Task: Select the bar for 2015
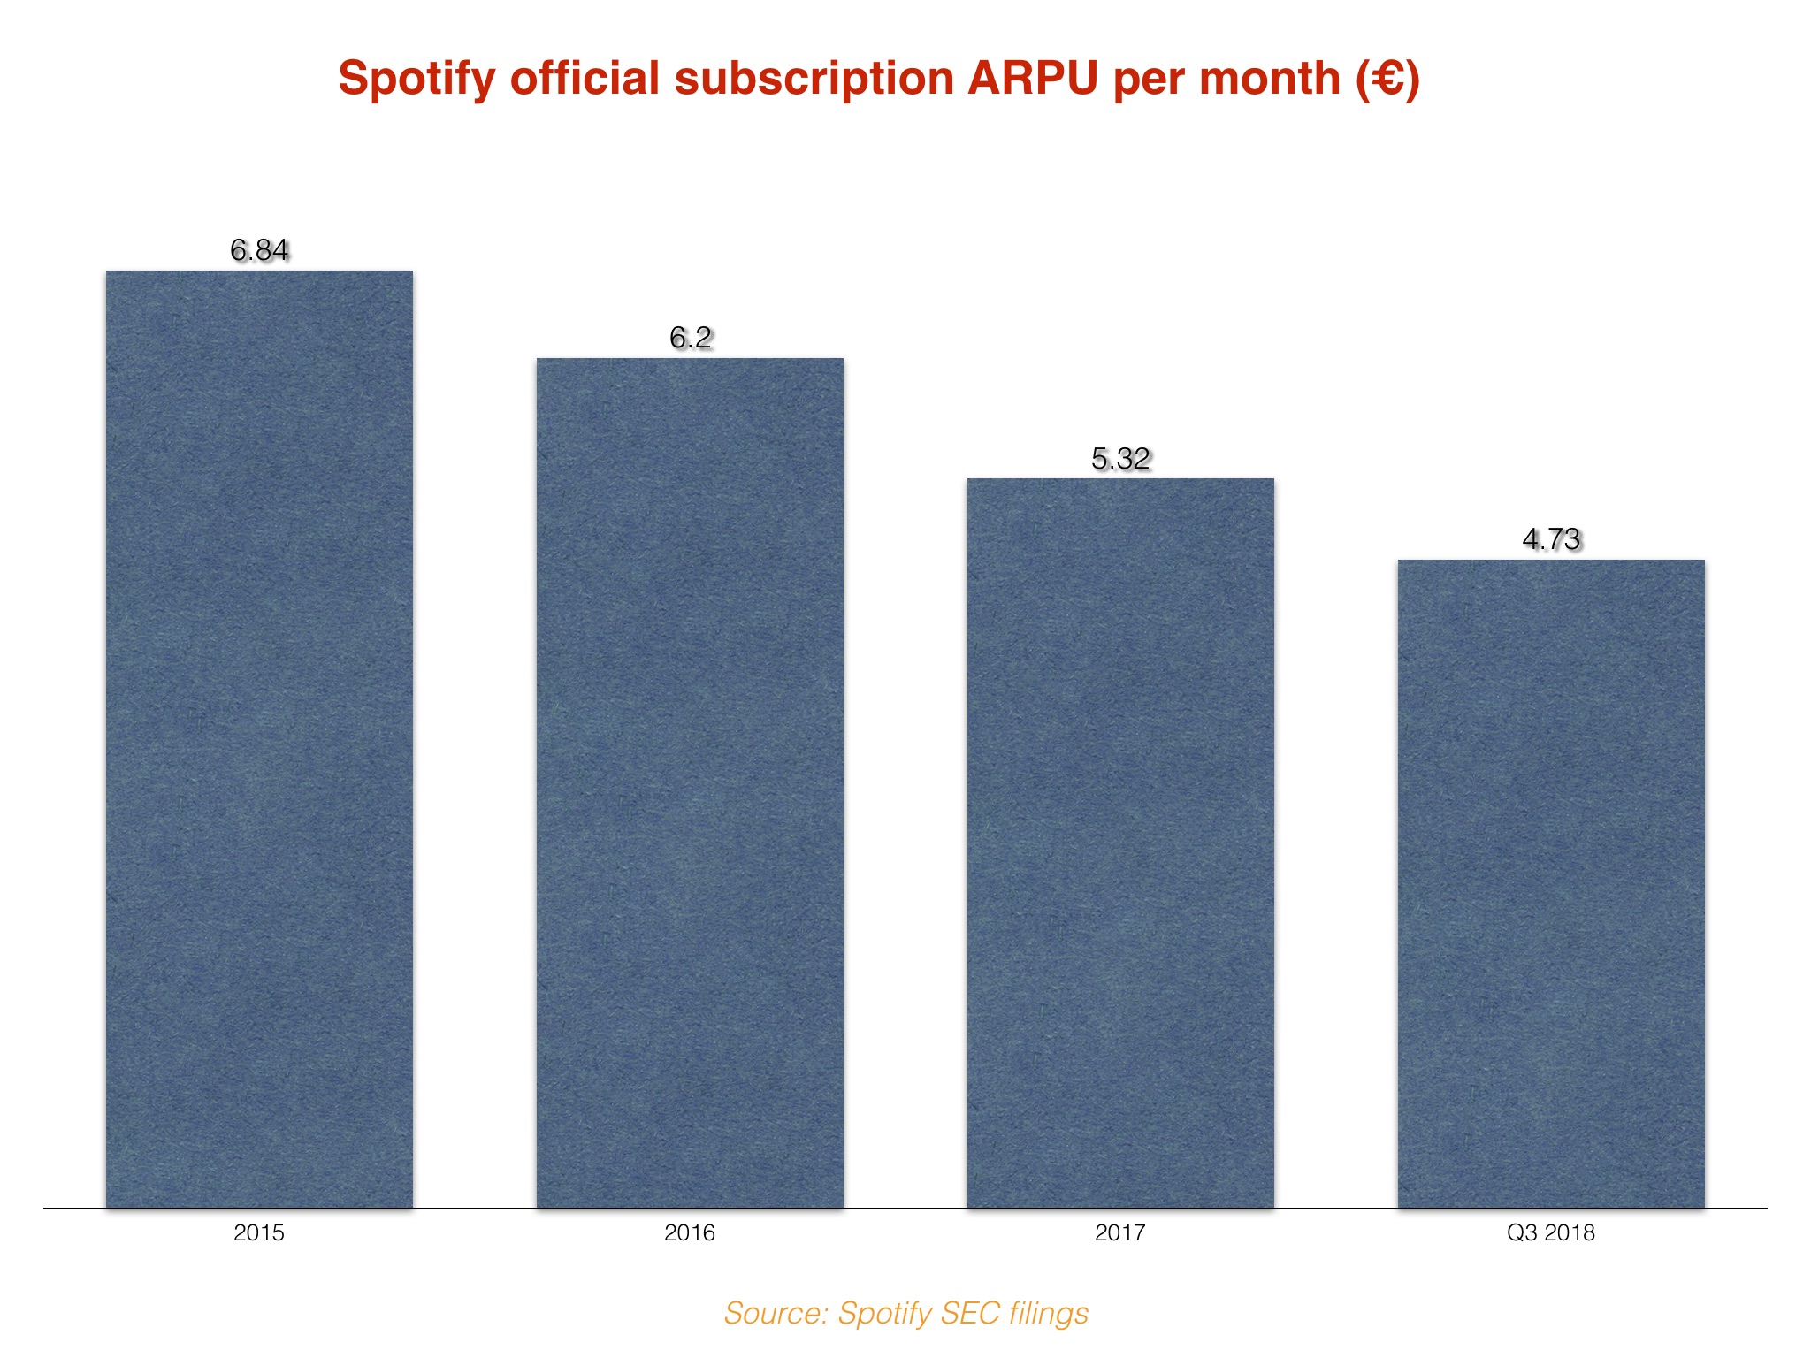pyautogui.click(x=259, y=738)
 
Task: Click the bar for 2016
pyautogui.click(x=690, y=782)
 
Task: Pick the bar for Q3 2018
pyautogui.click(x=1551, y=883)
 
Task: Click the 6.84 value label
pyautogui.click(x=259, y=251)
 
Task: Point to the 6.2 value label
pyautogui.click(x=690, y=338)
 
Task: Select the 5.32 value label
pyautogui.click(x=1120, y=459)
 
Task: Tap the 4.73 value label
pyautogui.click(x=1551, y=539)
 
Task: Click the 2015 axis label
pyautogui.click(x=259, y=1233)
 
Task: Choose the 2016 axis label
pyautogui.click(x=690, y=1233)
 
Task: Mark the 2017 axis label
pyautogui.click(x=1120, y=1233)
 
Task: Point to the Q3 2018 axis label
pyautogui.click(x=1551, y=1233)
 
